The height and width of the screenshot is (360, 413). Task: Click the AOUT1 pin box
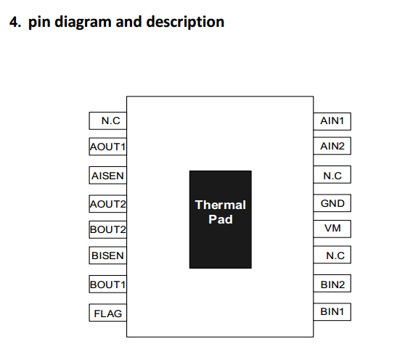[108, 147]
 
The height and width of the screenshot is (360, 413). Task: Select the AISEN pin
[108, 175]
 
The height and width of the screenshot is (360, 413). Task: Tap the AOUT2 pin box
[108, 203]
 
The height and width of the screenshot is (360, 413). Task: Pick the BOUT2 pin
[108, 229]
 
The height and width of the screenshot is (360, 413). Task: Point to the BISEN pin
[108, 255]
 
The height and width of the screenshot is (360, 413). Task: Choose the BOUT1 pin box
[108, 285]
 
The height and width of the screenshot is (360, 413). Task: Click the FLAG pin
[108, 313]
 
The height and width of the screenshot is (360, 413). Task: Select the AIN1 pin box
[332, 121]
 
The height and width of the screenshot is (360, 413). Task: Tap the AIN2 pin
[332, 146]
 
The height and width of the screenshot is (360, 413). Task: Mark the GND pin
[332, 203]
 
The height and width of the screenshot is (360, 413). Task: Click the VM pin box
[332, 229]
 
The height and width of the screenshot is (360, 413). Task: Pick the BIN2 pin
[332, 284]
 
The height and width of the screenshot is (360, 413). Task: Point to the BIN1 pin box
[332, 312]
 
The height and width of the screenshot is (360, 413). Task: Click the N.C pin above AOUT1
[108, 121]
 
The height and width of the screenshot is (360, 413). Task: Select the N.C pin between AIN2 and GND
[332, 175]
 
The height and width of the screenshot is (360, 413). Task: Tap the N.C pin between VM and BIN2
[332, 255]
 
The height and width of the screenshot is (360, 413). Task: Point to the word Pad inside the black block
[221, 219]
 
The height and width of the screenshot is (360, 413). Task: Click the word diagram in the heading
[83, 22]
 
